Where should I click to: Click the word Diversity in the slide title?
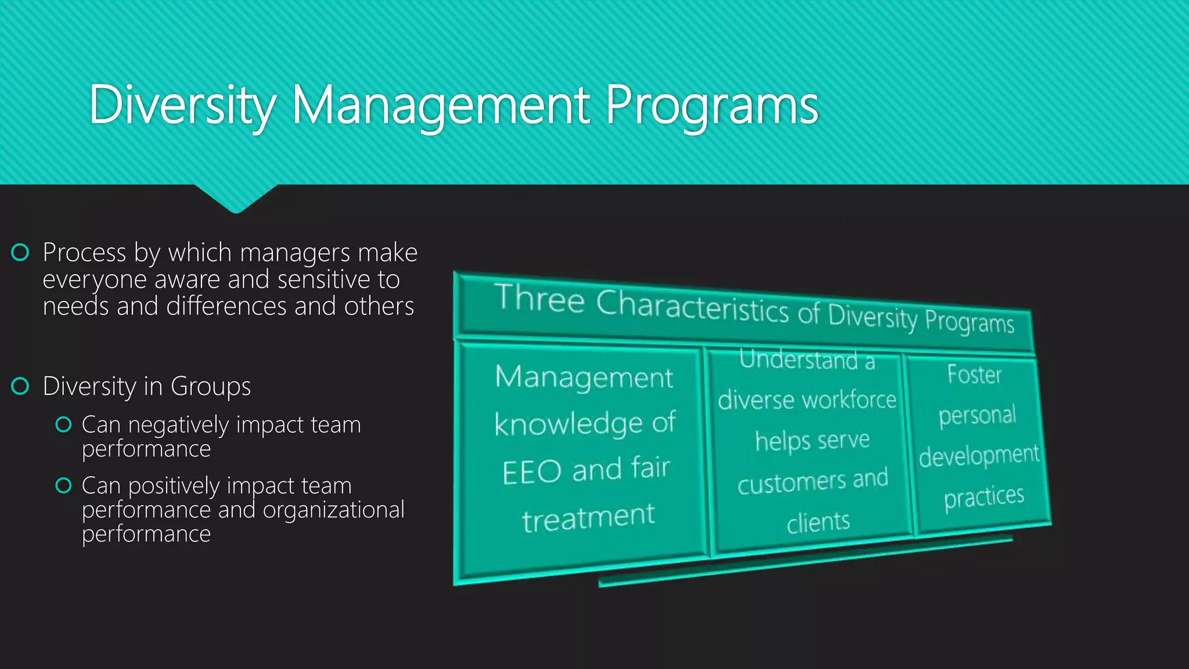182,106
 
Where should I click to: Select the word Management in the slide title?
441,106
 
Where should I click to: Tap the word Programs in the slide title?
711,106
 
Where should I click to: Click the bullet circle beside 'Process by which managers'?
20,253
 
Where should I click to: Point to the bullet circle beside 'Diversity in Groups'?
20,386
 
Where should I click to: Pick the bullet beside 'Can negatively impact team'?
63,425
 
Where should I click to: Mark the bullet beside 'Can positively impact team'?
63,485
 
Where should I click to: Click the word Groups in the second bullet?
210,387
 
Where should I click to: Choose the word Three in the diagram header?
539,299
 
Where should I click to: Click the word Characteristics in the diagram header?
692,307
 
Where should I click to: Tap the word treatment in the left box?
588,517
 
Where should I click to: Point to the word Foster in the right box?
974,375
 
